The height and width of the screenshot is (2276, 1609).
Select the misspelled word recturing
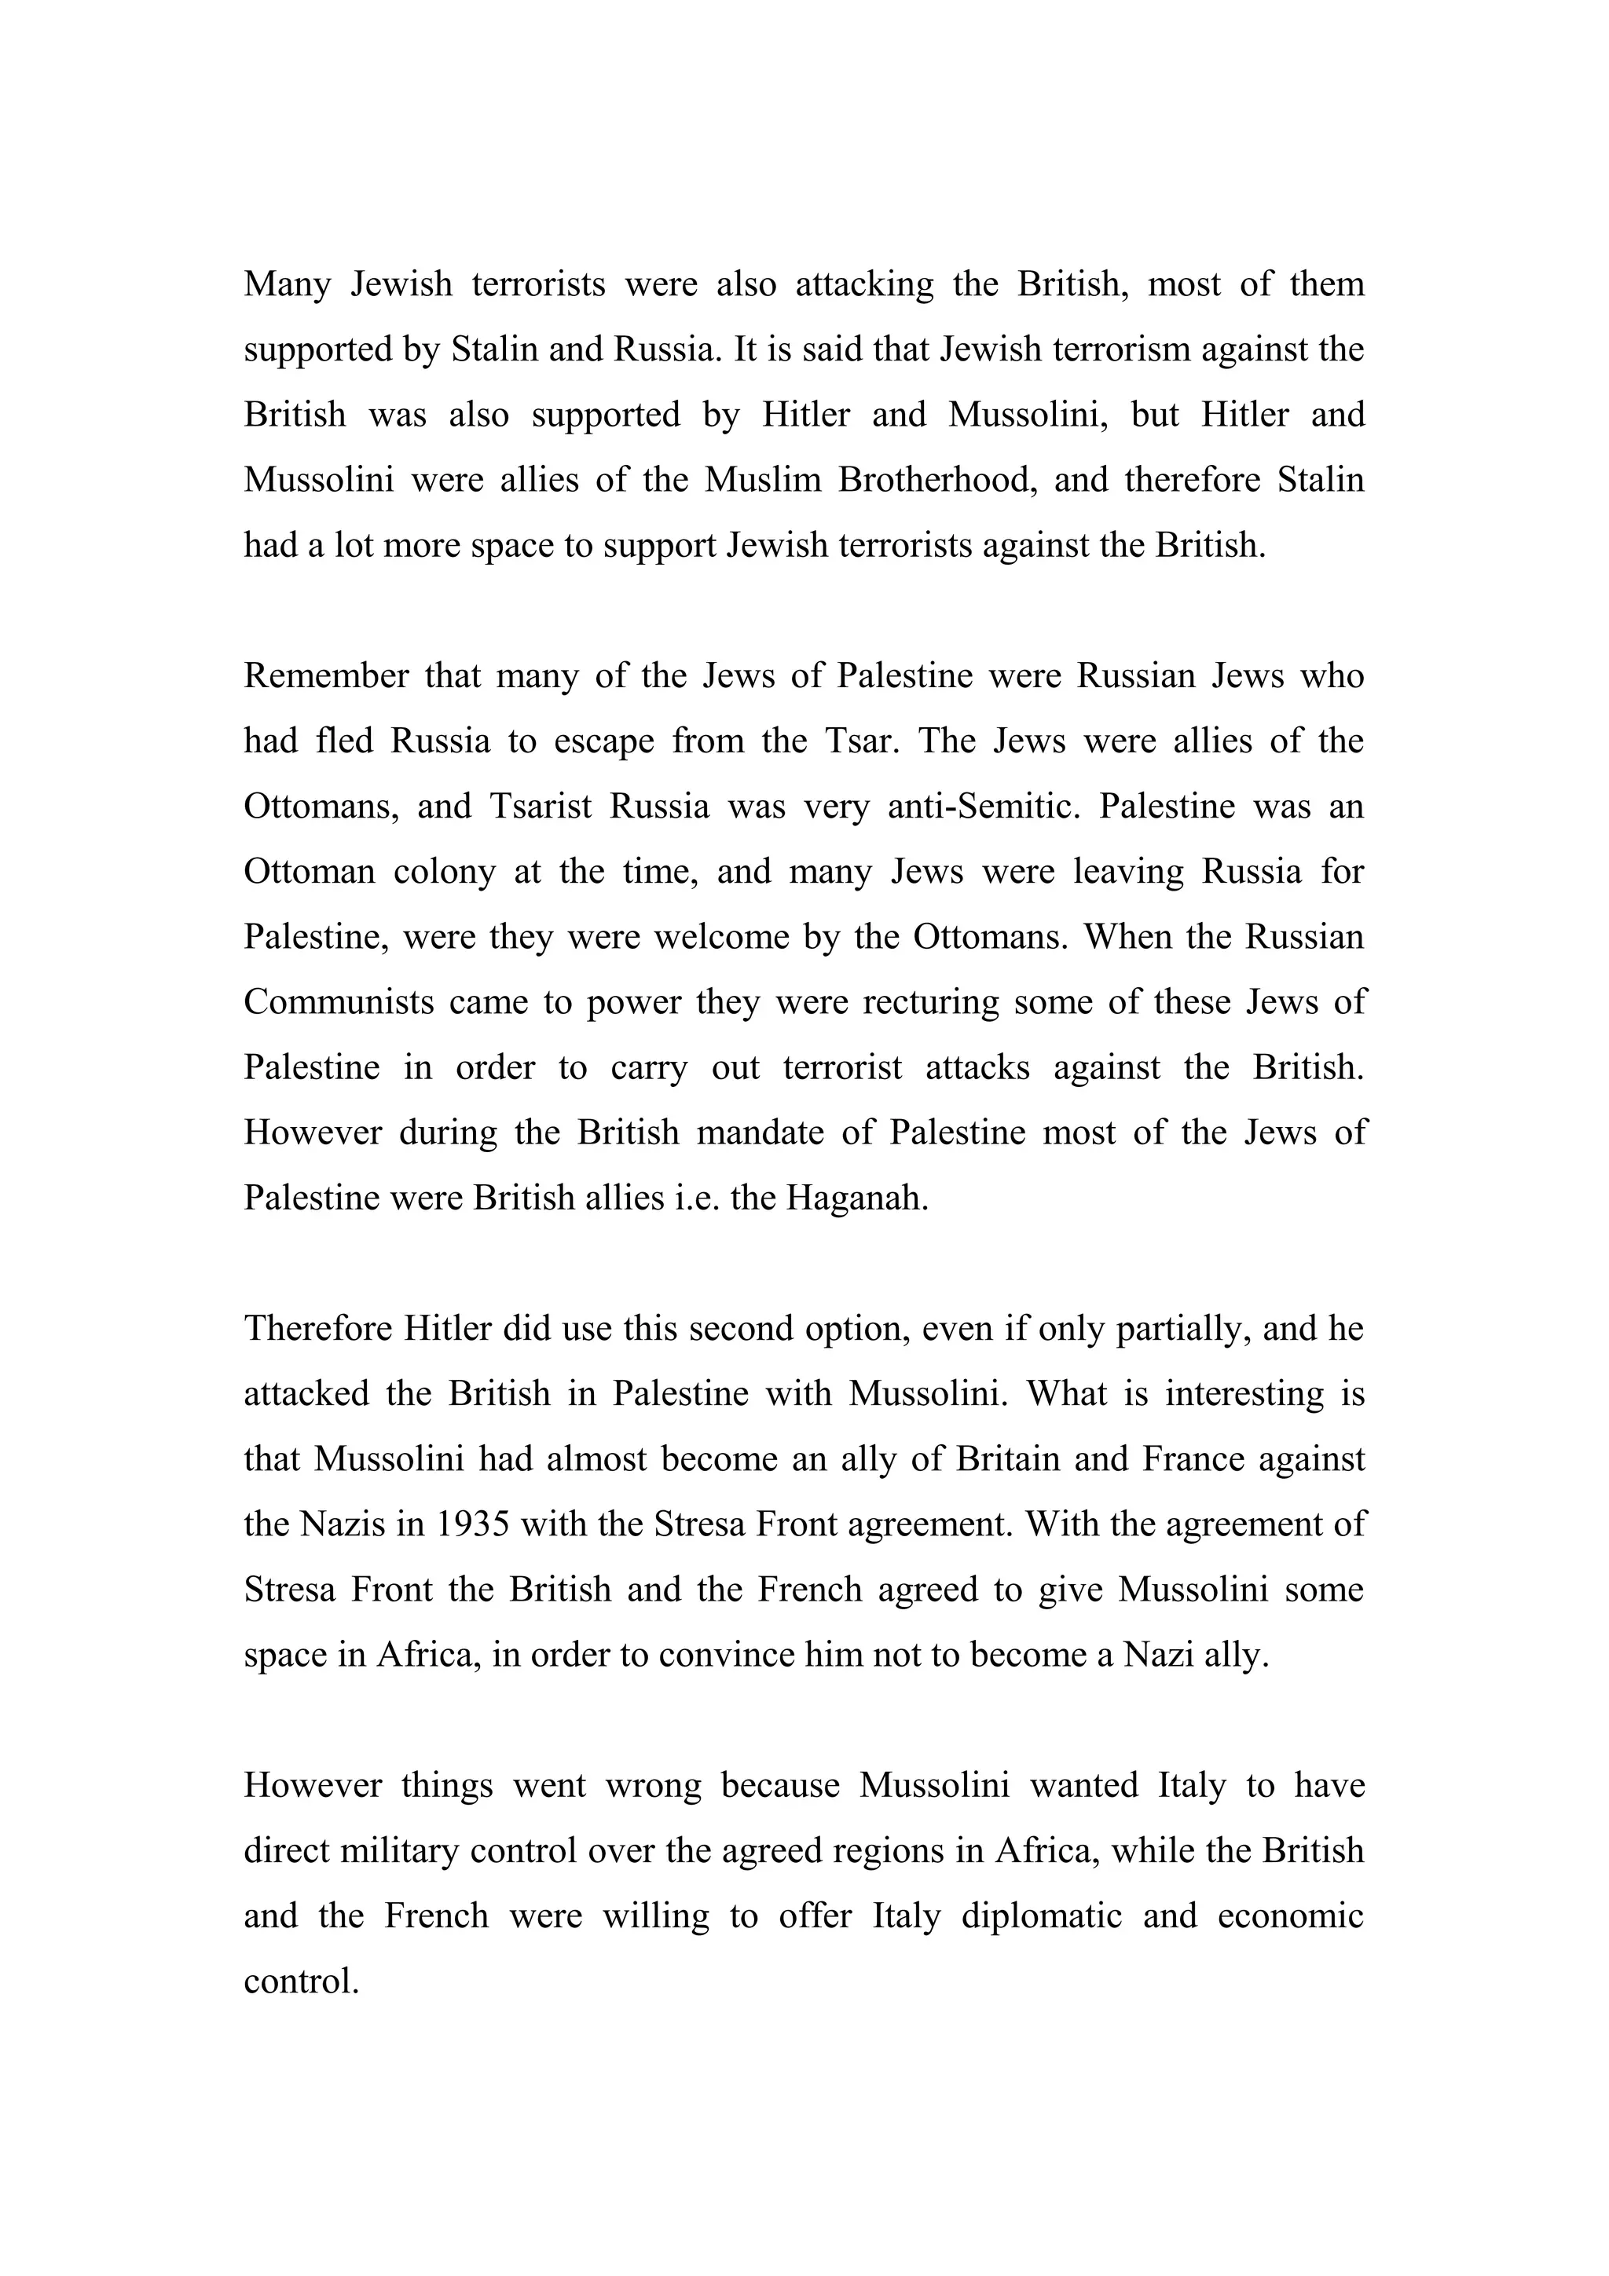pyautogui.click(x=931, y=1002)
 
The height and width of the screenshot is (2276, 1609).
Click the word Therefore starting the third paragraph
pyautogui.click(x=317, y=1328)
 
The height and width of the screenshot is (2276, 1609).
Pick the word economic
pyautogui.click(x=1290, y=1916)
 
